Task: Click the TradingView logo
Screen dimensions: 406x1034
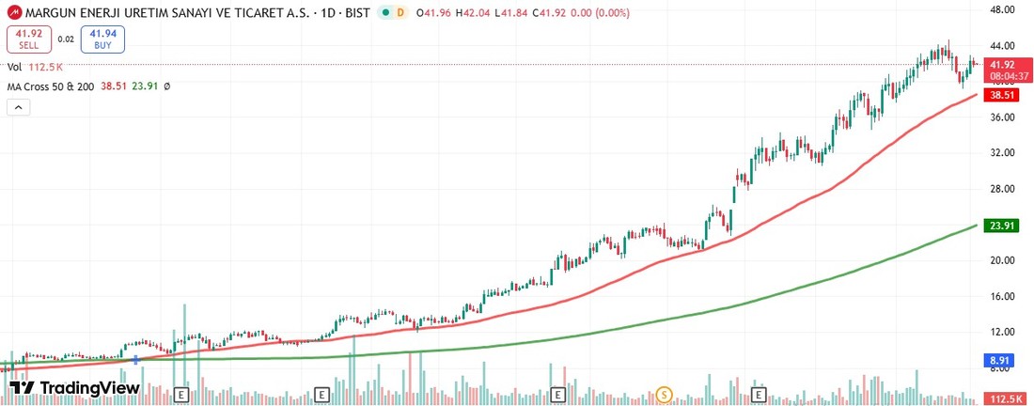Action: click(73, 387)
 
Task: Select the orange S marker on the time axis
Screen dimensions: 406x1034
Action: click(665, 394)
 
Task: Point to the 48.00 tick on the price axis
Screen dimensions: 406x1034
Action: click(1003, 9)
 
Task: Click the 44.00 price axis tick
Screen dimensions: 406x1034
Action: click(1003, 46)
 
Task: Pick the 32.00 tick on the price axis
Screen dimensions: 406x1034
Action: click(1003, 152)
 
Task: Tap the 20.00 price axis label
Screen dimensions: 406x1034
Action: click(1003, 260)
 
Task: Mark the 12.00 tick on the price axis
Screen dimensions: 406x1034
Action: click(1003, 332)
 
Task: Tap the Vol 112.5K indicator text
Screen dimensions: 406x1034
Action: click(35, 67)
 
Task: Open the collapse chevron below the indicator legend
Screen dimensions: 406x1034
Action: click(18, 107)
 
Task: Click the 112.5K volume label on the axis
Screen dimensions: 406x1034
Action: click(1007, 399)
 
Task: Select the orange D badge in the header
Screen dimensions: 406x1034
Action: click(400, 12)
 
